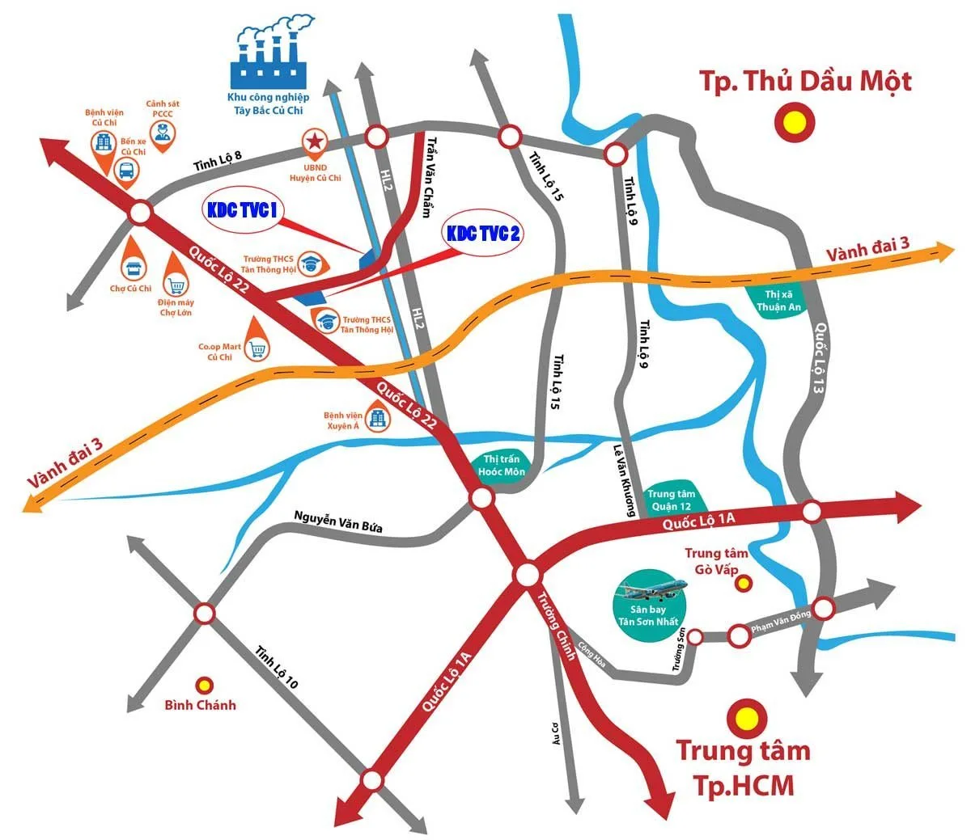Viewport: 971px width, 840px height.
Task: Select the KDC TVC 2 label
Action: click(484, 234)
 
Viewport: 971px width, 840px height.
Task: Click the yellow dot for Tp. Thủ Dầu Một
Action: click(794, 122)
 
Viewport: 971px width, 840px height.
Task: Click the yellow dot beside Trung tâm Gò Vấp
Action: click(743, 582)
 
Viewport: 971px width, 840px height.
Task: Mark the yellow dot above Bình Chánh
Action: click(206, 685)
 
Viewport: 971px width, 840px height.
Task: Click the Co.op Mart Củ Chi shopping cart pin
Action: click(258, 348)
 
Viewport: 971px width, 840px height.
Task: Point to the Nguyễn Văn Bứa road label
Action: click(338, 522)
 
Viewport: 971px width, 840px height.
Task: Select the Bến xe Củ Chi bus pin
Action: click(127, 170)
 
